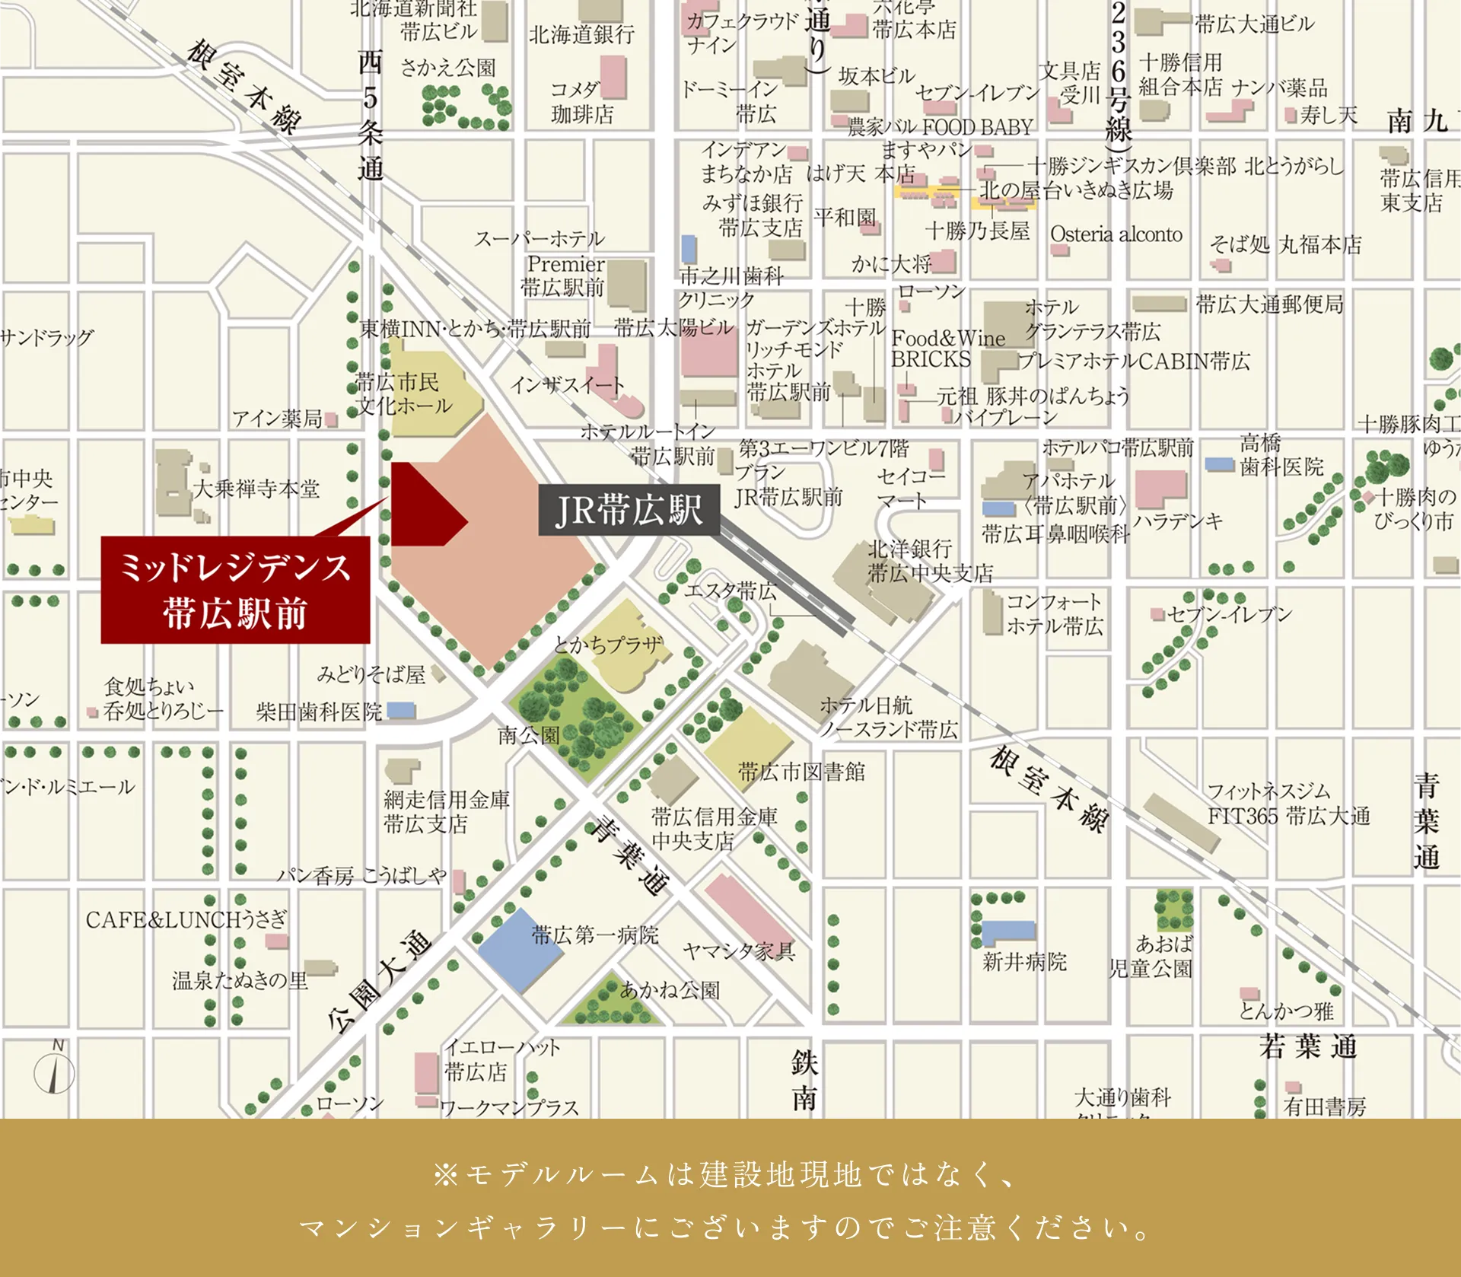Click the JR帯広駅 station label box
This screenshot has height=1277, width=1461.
tap(629, 509)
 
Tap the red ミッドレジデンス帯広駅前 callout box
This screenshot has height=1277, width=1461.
tap(235, 590)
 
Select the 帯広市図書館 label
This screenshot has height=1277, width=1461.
tap(801, 772)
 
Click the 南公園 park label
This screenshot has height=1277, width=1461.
tap(529, 735)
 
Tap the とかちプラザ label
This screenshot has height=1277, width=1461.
tap(608, 644)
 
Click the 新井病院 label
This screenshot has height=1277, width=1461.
tap(1024, 961)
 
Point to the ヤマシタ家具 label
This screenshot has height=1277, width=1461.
tap(738, 951)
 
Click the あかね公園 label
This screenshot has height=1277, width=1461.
tap(670, 990)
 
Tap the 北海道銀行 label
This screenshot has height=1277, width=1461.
tap(581, 34)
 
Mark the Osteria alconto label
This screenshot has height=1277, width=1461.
tap(1116, 234)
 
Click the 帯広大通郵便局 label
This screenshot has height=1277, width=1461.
tap(1269, 304)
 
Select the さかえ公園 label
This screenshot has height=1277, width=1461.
tap(447, 68)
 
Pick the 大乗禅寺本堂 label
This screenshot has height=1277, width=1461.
tap(256, 488)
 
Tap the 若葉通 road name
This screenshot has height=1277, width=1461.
tap(1308, 1046)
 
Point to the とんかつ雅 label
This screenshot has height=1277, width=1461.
tap(1286, 1011)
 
